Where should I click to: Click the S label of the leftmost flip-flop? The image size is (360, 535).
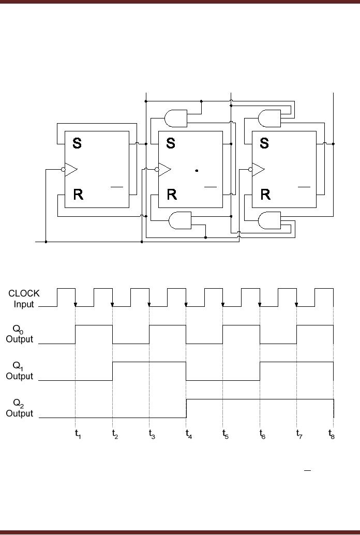[x=77, y=143]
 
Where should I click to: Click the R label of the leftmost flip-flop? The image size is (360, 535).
[x=78, y=195]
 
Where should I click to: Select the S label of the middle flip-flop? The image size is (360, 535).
[x=171, y=143]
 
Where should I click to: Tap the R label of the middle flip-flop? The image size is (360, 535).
[x=172, y=195]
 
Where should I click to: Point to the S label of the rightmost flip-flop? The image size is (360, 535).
[x=264, y=143]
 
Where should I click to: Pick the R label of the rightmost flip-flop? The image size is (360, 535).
[x=265, y=195]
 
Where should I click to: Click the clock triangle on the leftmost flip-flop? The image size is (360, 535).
[x=71, y=169]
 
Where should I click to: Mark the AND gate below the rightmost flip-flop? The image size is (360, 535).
[x=269, y=221]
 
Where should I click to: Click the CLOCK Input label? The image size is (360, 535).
[x=23, y=299]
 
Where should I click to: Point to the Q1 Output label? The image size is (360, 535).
[x=20, y=371]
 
